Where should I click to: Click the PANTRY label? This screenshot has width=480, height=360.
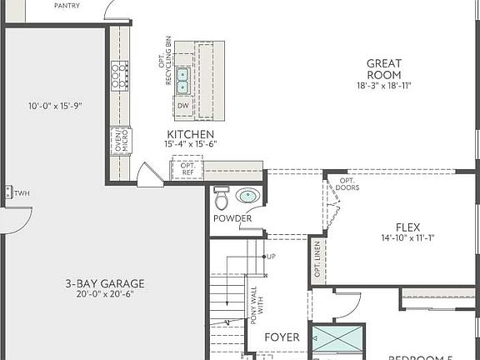pyautogui.click(x=67, y=6)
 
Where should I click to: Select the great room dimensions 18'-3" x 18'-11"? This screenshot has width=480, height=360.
pyautogui.click(x=384, y=86)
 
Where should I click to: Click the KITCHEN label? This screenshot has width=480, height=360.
pyautogui.click(x=190, y=134)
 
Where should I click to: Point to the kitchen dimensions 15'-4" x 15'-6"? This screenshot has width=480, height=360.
pyautogui.click(x=190, y=145)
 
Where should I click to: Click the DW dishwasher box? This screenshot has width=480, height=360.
pyautogui.click(x=182, y=106)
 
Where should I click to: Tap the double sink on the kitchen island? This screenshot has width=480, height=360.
pyautogui.click(x=183, y=78)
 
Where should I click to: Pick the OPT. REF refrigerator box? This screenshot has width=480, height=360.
pyautogui.click(x=187, y=169)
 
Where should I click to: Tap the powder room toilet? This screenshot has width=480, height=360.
pyautogui.click(x=222, y=200)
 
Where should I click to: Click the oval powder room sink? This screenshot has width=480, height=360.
pyautogui.click(x=247, y=197)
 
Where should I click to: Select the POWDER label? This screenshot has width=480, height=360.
pyautogui.click(x=232, y=219)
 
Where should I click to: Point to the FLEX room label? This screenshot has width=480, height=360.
pyautogui.click(x=407, y=227)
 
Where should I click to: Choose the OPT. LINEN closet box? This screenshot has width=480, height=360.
pyautogui.click(x=317, y=260)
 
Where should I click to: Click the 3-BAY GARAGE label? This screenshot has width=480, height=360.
pyautogui.click(x=105, y=283)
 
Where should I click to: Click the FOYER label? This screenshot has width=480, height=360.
pyautogui.click(x=282, y=337)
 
